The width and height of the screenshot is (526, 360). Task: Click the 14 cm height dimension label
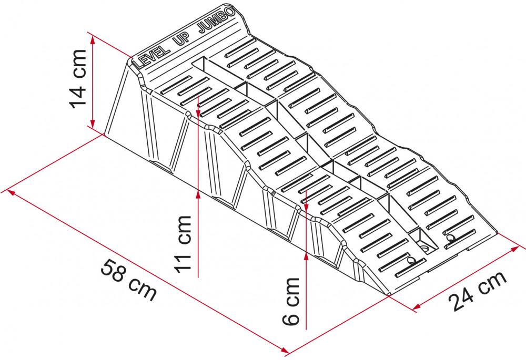[78, 79]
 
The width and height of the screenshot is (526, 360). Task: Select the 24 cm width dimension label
[478, 291]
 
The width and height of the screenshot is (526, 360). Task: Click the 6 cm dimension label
[291, 301]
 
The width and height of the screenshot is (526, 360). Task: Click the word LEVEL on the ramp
[151, 56]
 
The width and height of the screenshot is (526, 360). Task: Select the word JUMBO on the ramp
[217, 22]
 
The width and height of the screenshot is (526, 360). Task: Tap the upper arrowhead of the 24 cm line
[515, 250]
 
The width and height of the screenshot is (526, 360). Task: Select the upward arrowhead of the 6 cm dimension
[306, 255]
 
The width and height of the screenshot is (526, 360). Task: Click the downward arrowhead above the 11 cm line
[198, 112]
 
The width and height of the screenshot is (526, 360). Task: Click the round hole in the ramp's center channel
[425, 249]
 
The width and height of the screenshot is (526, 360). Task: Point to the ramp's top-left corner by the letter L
[130, 60]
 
